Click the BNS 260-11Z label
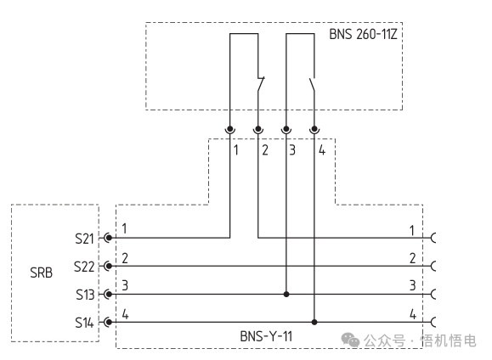[363, 34]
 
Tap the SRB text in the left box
[41, 273]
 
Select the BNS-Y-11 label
[266, 336]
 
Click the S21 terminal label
[84, 239]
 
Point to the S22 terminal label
[84, 267]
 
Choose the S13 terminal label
[85, 295]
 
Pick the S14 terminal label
[84, 323]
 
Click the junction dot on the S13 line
[286, 294]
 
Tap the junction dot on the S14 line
[314, 322]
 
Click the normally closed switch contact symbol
[260, 84]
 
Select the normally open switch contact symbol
[312, 85]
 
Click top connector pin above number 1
[230, 129]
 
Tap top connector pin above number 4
[314, 129]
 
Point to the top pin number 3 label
[292, 150]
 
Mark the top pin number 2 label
[265, 150]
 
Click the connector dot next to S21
[109, 238]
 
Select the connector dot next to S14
[109, 322]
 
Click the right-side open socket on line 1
[433, 238]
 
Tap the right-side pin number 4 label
[413, 314]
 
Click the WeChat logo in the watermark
[350, 340]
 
